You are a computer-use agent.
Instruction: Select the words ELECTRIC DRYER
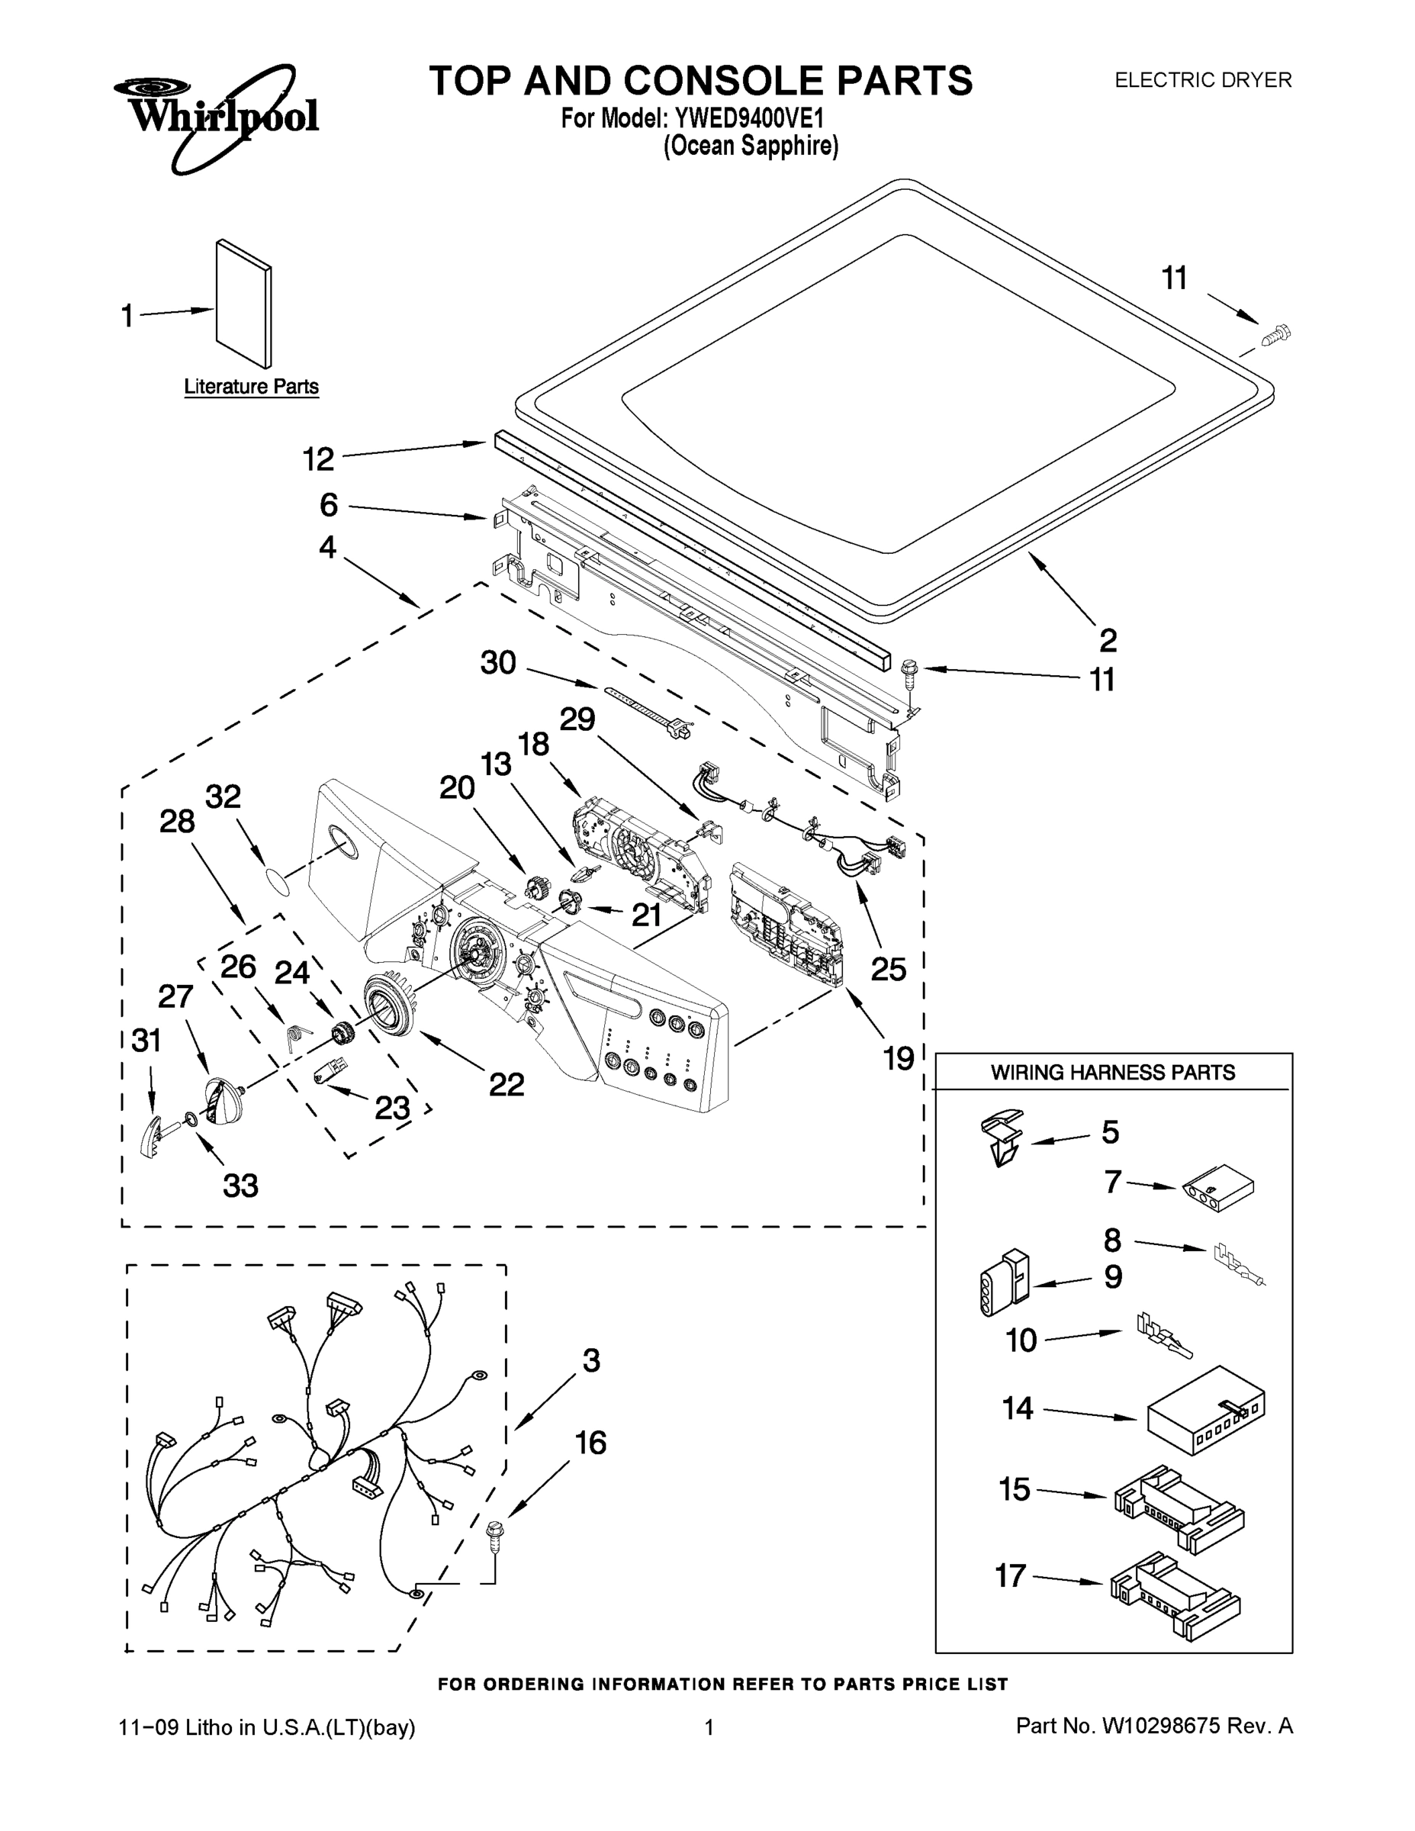1202,80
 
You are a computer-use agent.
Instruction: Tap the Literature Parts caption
252,387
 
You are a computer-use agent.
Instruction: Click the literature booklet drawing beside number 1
244,304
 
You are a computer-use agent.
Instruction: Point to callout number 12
319,459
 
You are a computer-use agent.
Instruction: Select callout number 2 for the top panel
1108,641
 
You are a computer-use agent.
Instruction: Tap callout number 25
888,969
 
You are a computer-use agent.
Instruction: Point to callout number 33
240,1186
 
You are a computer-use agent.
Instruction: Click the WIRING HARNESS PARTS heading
1112,1072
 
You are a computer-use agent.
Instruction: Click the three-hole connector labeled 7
1219,1189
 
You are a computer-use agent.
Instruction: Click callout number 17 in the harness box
1010,1575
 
